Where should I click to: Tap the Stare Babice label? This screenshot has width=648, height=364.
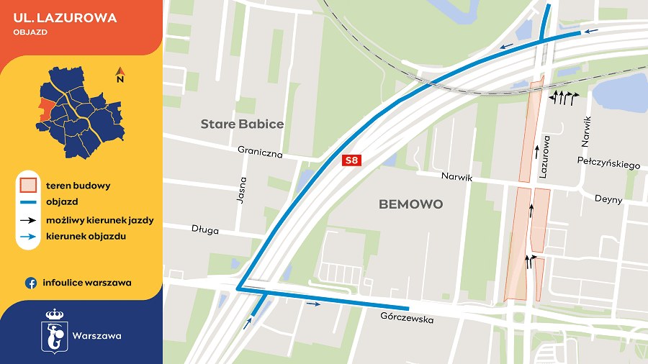pyautogui.click(x=242, y=124)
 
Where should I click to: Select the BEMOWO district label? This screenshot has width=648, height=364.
pyautogui.click(x=410, y=204)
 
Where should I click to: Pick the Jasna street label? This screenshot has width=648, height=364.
pyautogui.click(x=243, y=191)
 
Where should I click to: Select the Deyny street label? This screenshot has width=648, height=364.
pyautogui.click(x=608, y=199)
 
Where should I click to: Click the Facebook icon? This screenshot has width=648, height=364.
pyautogui.click(x=31, y=283)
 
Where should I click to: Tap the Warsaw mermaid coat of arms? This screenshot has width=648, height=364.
pyautogui.click(x=54, y=330)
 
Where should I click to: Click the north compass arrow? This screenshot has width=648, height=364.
pyautogui.click(x=120, y=73)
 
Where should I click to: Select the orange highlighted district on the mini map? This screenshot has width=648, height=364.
pyautogui.click(x=46, y=108)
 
